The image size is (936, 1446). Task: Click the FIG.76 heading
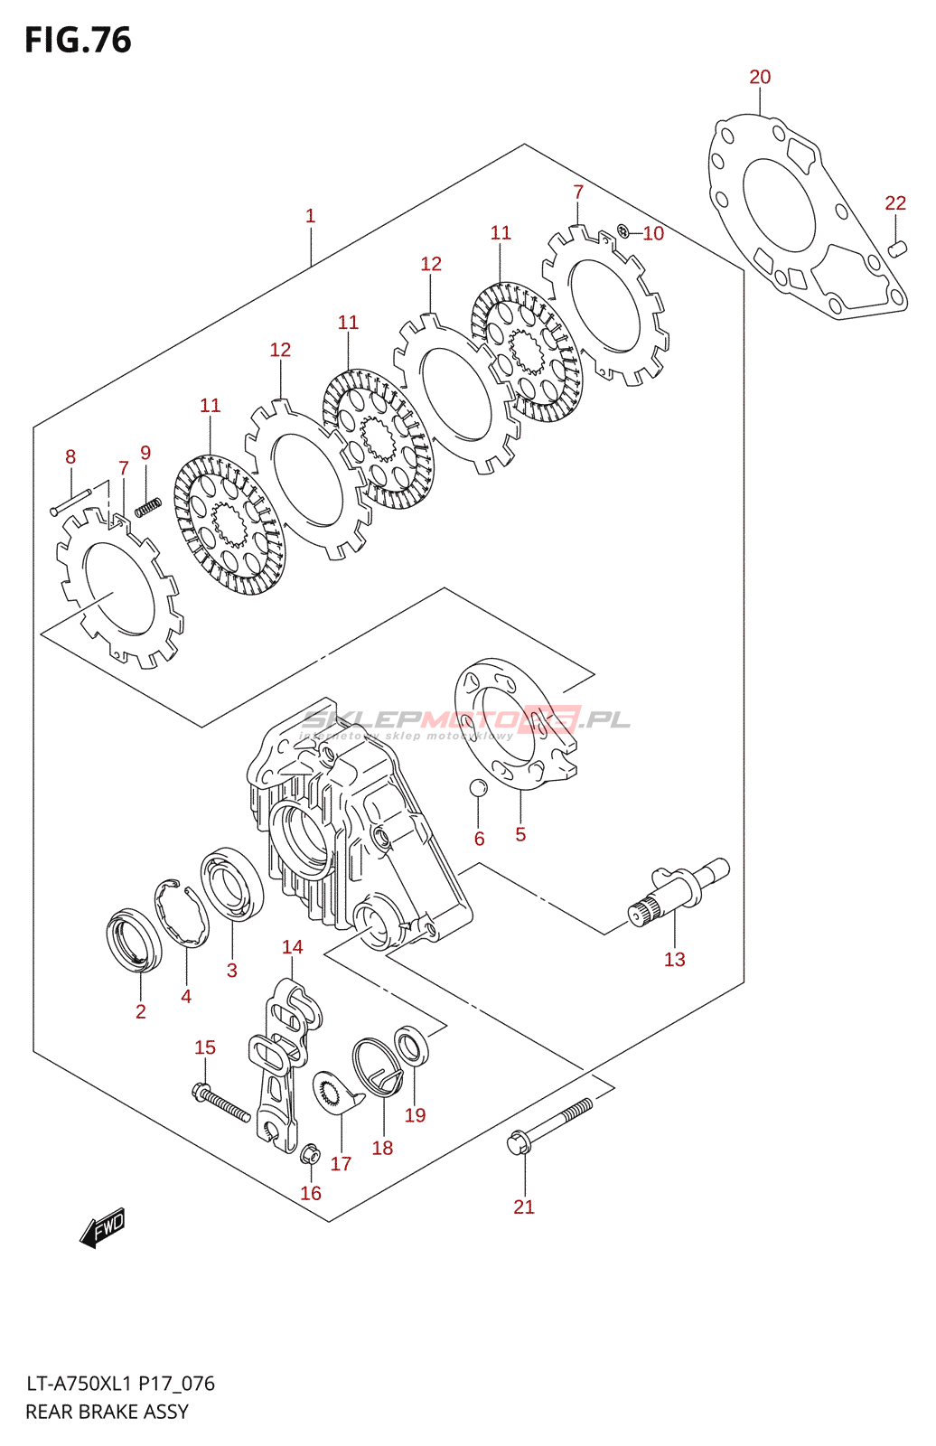(78, 41)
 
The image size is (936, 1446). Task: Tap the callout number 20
(760, 78)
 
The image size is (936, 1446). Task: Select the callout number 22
(894, 203)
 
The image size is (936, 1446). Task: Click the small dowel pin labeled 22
(896, 249)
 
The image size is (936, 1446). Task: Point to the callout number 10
(653, 234)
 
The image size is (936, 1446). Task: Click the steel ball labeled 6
(478, 787)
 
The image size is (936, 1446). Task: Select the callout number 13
(674, 960)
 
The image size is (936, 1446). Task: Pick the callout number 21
(524, 1207)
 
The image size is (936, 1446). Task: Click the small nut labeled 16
(309, 1154)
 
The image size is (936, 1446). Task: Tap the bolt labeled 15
(220, 1103)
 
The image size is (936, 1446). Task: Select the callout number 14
(292, 947)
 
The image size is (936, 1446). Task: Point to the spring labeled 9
(147, 508)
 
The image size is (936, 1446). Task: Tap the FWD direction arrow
(102, 1228)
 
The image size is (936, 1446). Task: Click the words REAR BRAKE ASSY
(107, 1412)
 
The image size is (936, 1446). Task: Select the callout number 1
(310, 216)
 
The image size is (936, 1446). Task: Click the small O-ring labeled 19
(412, 1047)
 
